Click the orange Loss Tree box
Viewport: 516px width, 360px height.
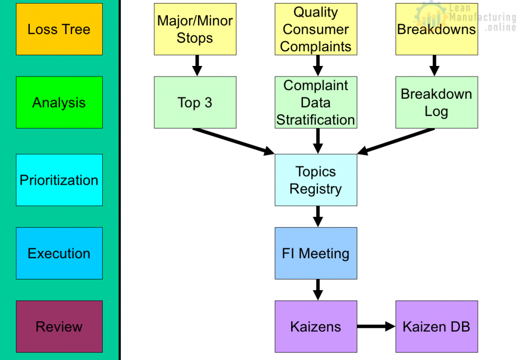[59, 29]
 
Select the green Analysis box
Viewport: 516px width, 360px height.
[59, 102]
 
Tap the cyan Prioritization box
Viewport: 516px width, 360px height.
[59, 180]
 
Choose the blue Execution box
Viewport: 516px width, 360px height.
[59, 253]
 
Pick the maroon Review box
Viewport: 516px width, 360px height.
[59, 326]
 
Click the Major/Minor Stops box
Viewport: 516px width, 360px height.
[195, 29]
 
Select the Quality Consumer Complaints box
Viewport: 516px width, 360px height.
[316, 29]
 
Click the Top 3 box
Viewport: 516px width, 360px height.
[195, 102]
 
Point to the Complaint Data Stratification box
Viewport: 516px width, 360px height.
[316, 102]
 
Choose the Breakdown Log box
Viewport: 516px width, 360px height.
[436, 102]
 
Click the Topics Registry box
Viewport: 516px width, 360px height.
[316, 180]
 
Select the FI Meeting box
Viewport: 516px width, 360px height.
[316, 253]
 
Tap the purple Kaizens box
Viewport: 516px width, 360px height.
[316, 326]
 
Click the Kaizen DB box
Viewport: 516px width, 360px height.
[436, 326]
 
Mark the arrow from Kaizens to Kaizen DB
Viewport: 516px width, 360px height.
[376, 327]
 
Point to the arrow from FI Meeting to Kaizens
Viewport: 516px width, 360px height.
[317, 290]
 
